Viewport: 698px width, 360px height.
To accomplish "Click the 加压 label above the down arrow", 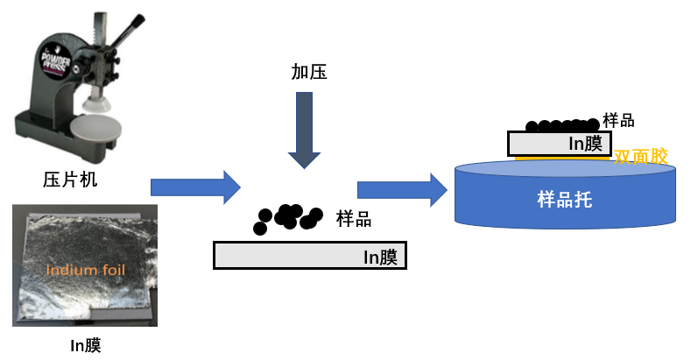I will pyautogui.click(x=309, y=72).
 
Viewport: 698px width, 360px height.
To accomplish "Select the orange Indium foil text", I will pyautogui.click(x=84, y=270).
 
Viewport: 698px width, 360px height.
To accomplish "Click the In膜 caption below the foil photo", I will pyautogui.click(x=85, y=345).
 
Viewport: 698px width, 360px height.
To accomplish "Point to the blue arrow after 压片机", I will pyautogui.click(x=195, y=187).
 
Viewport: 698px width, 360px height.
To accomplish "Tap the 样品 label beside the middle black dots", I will pyautogui.click(x=354, y=219).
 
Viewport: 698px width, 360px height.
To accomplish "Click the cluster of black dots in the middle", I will pyautogui.click(x=286, y=218).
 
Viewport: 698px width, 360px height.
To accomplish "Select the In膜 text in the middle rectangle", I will pyautogui.click(x=381, y=257).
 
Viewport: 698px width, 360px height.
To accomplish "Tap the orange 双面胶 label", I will pyautogui.click(x=641, y=157).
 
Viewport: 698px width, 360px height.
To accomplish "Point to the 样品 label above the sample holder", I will pyautogui.click(x=618, y=121).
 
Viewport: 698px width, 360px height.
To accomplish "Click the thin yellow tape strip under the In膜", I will pyautogui.click(x=561, y=159).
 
